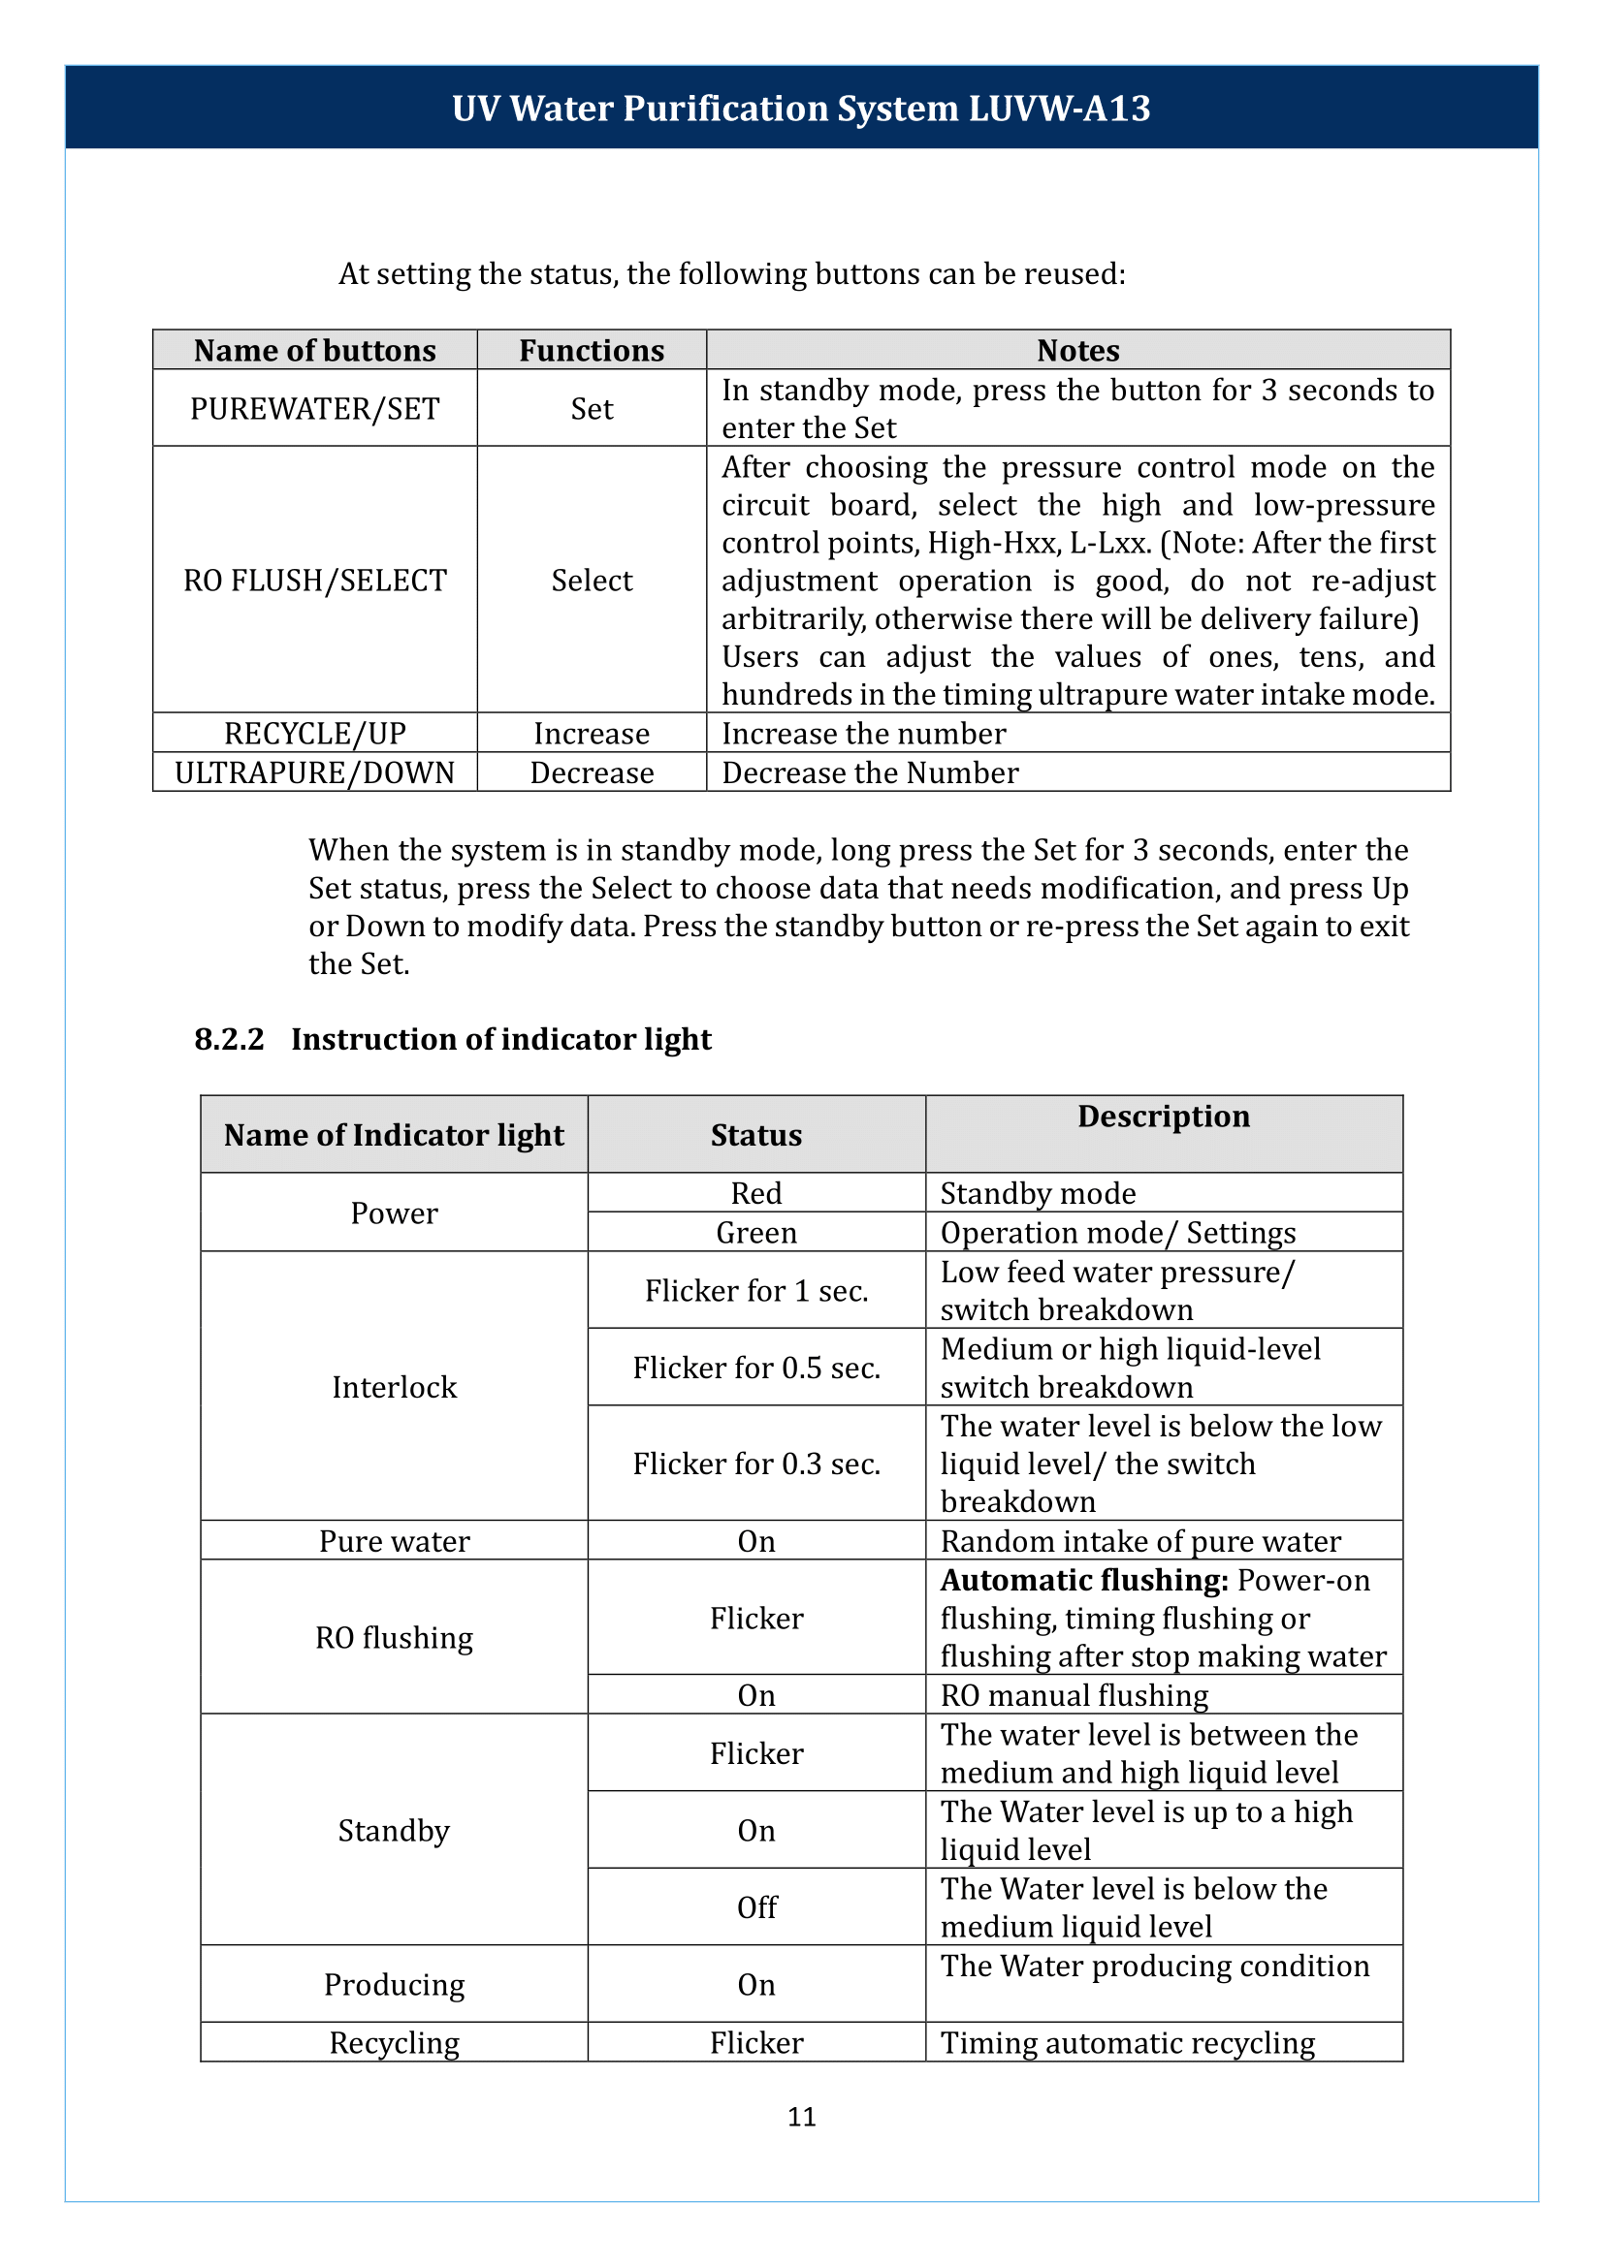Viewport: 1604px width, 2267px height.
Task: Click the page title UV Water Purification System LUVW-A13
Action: click(801, 109)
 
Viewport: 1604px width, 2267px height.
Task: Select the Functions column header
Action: click(592, 351)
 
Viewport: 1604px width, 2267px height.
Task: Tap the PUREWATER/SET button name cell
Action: click(314, 409)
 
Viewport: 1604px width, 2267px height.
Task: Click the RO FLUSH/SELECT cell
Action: click(314, 581)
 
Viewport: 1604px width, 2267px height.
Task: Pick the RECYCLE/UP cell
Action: click(314, 734)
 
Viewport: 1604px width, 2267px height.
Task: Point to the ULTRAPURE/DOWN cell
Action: click(314, 773)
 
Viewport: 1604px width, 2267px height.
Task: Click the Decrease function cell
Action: click(592, 773)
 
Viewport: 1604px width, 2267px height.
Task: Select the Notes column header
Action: click(1077, 351)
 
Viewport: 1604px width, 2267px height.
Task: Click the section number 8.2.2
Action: click(229, 1040)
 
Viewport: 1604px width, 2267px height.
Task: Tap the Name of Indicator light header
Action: click(393, 1136)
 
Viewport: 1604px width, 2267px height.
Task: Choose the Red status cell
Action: click(755, 1194)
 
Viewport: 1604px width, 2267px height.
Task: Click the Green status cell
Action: click(755, 1233)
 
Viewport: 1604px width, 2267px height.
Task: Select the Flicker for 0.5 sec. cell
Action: click(755, 1369)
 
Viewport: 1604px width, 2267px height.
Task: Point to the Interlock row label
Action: click(393, 1387)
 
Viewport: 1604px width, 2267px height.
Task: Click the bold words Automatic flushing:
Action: click(1083, 1581)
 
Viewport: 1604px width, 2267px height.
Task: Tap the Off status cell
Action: click(755, 1907)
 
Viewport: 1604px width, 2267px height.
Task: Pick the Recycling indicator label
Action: click(393, 2043)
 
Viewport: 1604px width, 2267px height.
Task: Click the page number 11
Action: click(801, 2117)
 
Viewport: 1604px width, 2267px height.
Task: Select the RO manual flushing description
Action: click(1074, 1696)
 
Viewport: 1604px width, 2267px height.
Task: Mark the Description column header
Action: click(1163, 1117)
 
